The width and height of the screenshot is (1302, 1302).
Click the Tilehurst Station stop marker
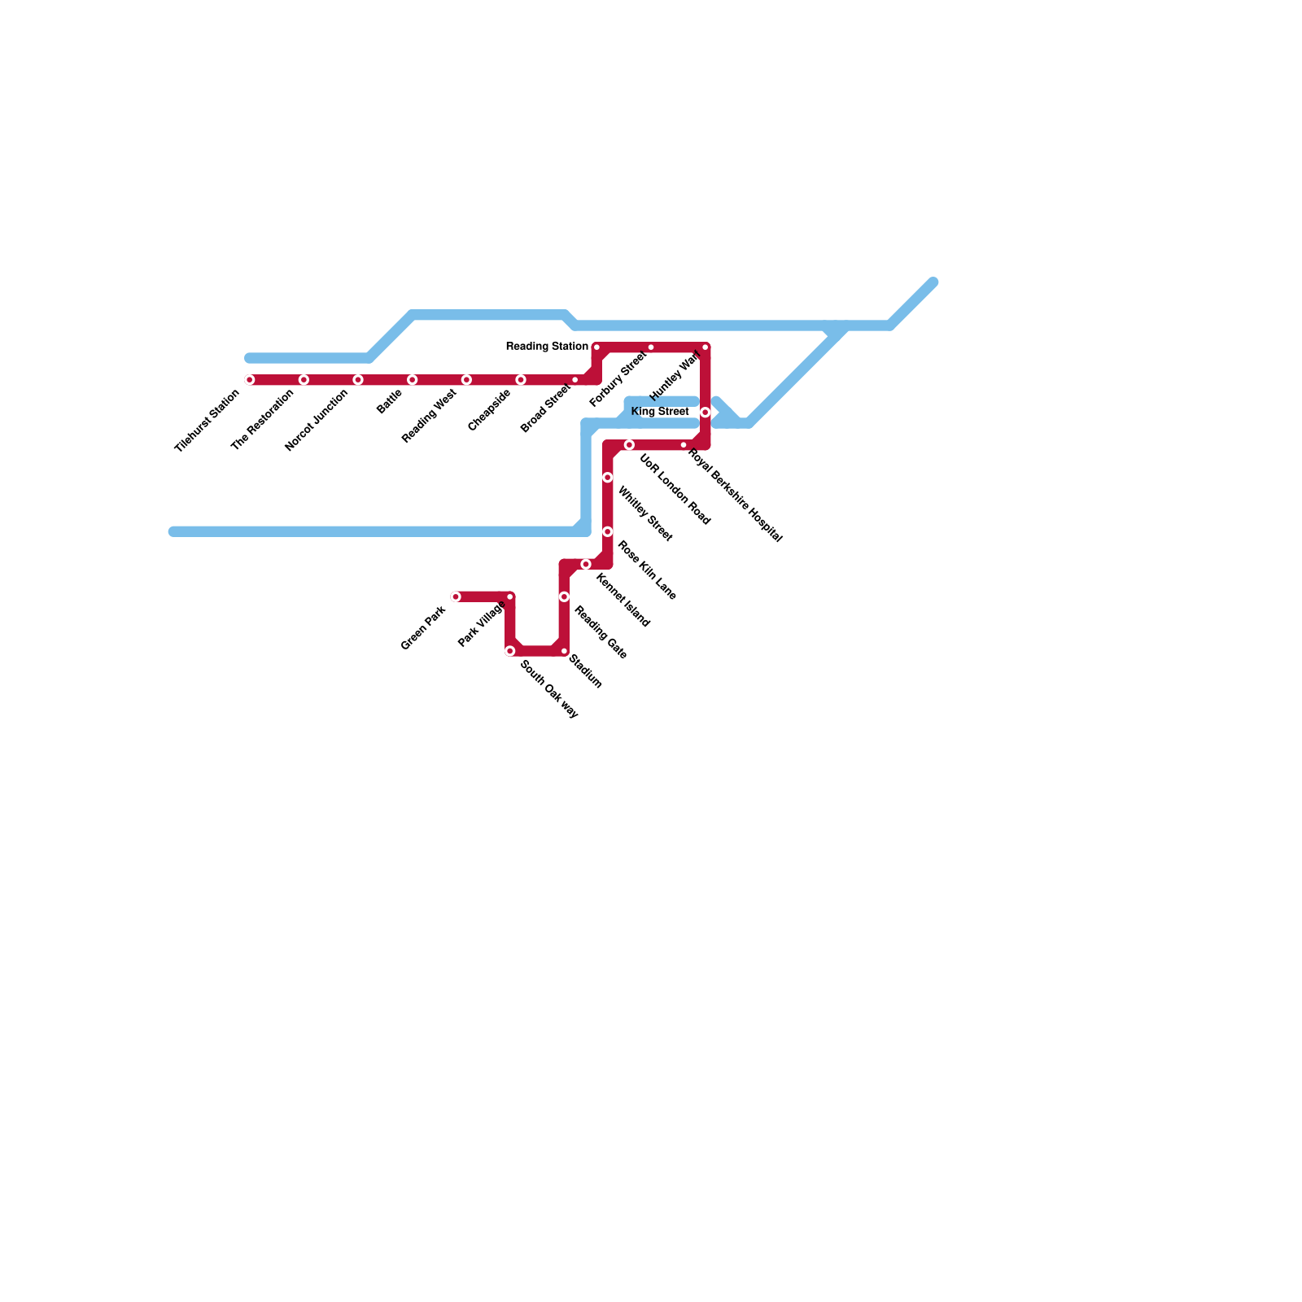click(x=250, y=380)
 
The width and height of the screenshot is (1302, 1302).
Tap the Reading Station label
click(x=547, y=347)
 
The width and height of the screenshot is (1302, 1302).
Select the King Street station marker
click(x=706, y=413)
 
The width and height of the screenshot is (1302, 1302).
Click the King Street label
click(x=660, y=412)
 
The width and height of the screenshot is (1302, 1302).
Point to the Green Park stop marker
click(x=456, y=597)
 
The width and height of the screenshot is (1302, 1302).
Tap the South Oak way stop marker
click(x=510, y=651)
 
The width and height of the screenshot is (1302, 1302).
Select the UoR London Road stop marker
click(x=629, y=445)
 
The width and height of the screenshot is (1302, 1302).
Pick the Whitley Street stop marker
click(x=608, y=478)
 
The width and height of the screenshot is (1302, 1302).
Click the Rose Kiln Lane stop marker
click(x=608, y=532)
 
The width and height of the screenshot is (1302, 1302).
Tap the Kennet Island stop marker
click(x=586, y=565)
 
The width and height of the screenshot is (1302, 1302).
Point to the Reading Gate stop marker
click(x=564, y=597)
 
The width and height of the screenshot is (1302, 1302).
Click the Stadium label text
click(x=585, y=671)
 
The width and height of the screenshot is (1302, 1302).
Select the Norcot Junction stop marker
click(x=358, y=380)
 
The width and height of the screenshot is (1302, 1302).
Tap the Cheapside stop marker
click(x=521, y=380)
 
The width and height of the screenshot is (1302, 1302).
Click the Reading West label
click(x=429, y=417)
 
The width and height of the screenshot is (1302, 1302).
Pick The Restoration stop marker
click(x=304, y=380)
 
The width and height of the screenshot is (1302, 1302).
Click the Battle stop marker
click(x=413, y=380)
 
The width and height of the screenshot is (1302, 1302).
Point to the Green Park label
click(x=423, y=629)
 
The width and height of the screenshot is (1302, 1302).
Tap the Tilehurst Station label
click(x=207, y=422)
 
